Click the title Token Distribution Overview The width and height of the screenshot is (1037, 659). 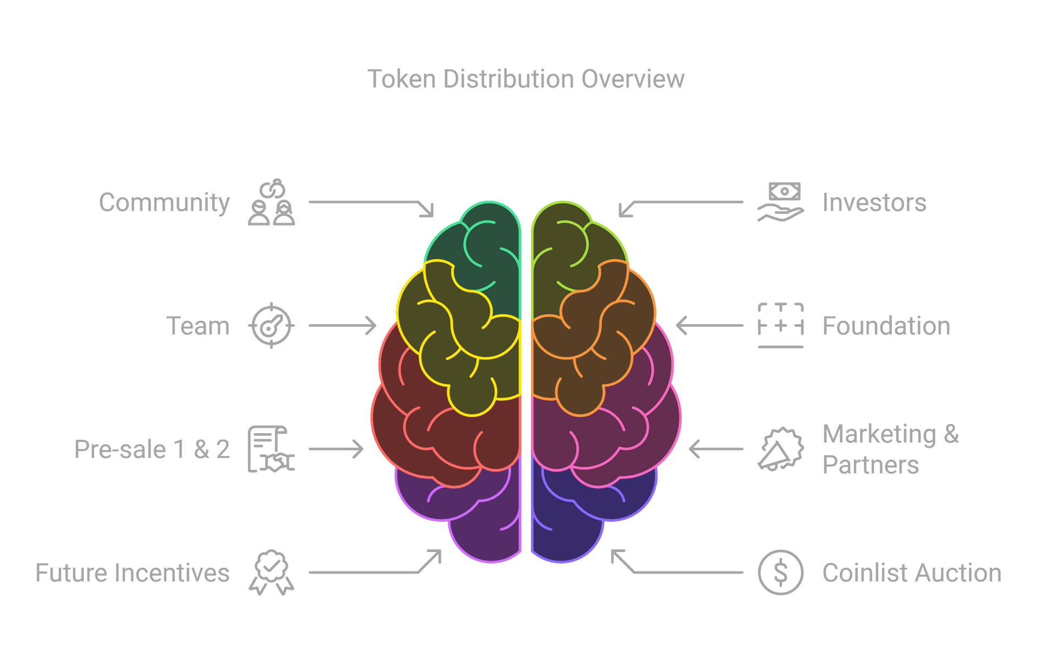(x=526, y=79)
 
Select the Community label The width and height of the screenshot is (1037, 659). (x=164, y=203)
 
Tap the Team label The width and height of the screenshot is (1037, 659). (x=198, y=326)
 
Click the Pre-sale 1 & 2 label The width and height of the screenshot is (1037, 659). (x=152, y=449)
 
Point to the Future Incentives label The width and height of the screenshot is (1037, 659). (x=133, y=573)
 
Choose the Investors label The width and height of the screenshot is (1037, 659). (x=874, y=203)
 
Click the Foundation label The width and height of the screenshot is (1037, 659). (x=886, y=326)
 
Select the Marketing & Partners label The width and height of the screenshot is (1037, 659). (x=890, y=449)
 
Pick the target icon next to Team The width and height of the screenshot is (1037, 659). (x=271, y=326)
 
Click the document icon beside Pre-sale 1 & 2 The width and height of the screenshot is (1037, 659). (x=271, y=449)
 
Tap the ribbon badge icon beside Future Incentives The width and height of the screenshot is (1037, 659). (x=272, y=573)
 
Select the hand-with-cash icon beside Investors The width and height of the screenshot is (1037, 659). (x=781, y=203)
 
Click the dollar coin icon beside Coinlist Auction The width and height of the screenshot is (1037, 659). (x=781, y=573)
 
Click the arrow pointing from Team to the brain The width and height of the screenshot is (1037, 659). (x=342, y=326)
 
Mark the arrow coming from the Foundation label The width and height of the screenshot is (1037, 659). (x=709, y=326)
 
